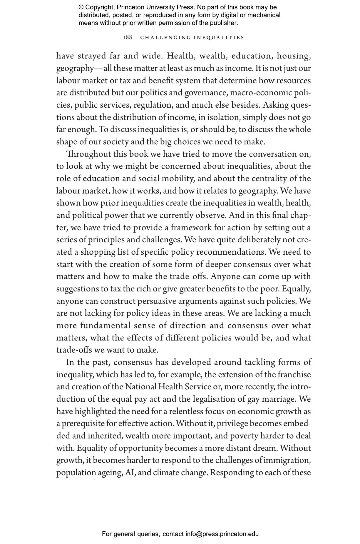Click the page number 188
coord(128,37)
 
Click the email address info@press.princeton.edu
coord(222,534)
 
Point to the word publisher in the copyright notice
coord(224,23)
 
